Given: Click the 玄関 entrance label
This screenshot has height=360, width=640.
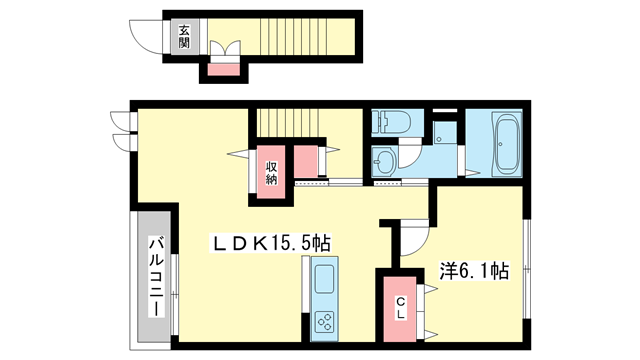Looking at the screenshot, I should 186,37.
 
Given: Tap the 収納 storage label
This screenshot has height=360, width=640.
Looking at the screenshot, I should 272,173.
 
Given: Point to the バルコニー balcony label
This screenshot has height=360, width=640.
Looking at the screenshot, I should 157,276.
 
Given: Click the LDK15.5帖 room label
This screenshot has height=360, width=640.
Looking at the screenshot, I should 270,242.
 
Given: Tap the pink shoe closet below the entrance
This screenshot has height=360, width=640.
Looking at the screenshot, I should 223,68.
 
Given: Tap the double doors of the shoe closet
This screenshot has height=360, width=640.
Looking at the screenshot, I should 223,49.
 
